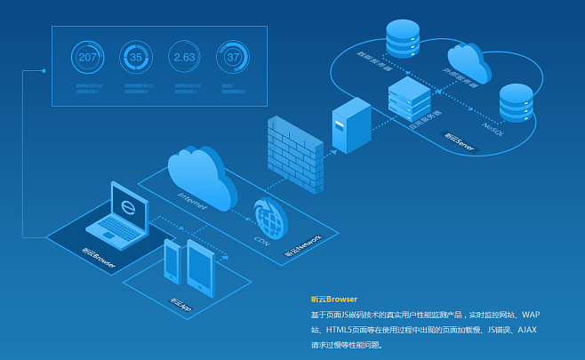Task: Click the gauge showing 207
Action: pos(88,57)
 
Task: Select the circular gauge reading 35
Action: pos(136,57)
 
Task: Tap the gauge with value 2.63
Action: pos(185,57)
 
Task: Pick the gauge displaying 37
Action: pos(234,57)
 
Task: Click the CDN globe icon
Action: pos(270,218)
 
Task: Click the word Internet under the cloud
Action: pos(193,202)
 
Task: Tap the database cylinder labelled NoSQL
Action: pos(515,102)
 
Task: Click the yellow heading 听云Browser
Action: pos(333,300)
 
